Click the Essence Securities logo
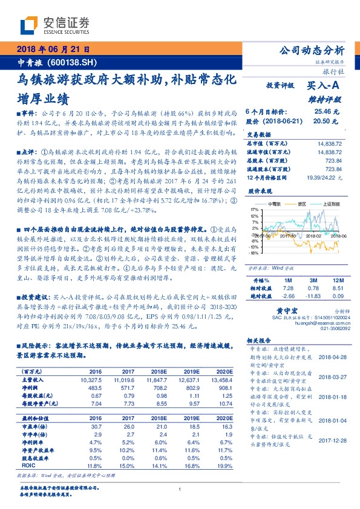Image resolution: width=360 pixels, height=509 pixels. coord(55,25)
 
